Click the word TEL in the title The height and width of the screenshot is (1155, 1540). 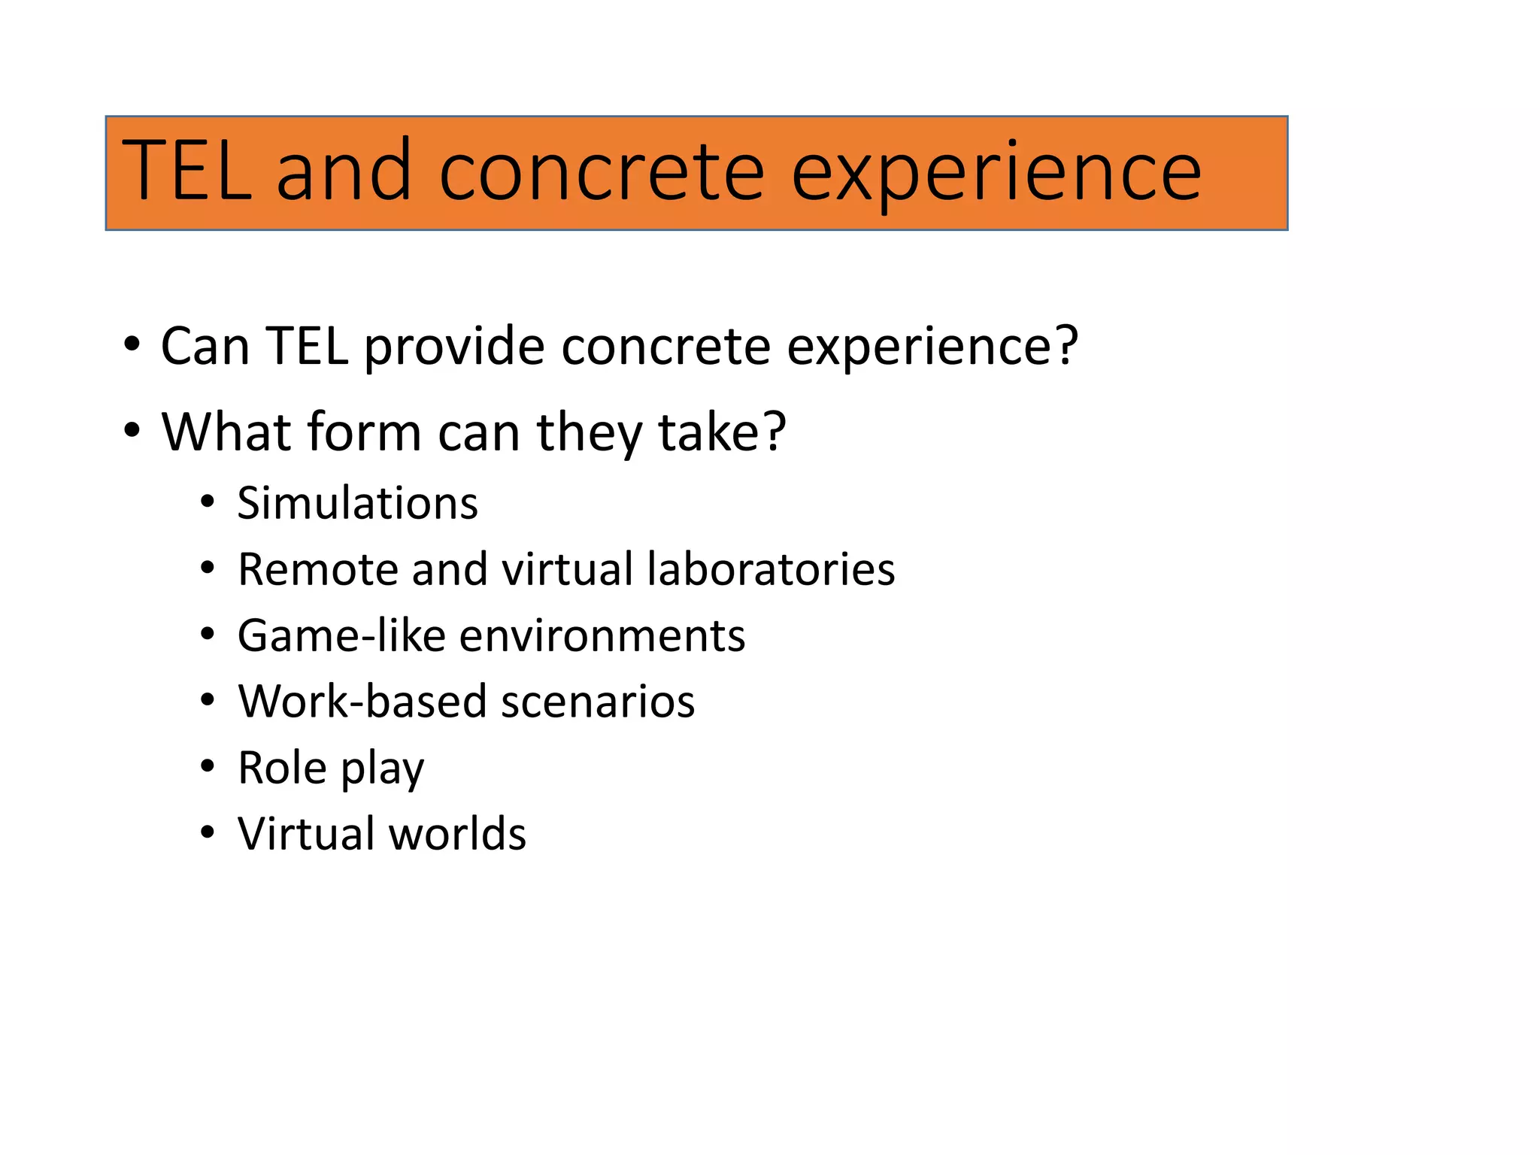[x=186, y=171]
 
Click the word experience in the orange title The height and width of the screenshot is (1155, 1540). [x=996, y=174]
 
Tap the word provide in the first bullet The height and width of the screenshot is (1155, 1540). [x=454, y=347]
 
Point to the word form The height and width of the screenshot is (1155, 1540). [x=364, y=432]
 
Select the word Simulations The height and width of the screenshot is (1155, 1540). [x=357, y=503]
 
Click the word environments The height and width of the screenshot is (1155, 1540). [x=602, y=635]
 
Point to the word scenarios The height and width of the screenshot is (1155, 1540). [x=598, y=702]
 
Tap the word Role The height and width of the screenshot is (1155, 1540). [x=282, y=768]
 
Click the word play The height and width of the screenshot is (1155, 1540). [x=383, y=771]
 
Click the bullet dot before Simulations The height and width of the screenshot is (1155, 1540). [x=208, y=502]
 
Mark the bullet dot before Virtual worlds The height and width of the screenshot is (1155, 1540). [x=208, y=833]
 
